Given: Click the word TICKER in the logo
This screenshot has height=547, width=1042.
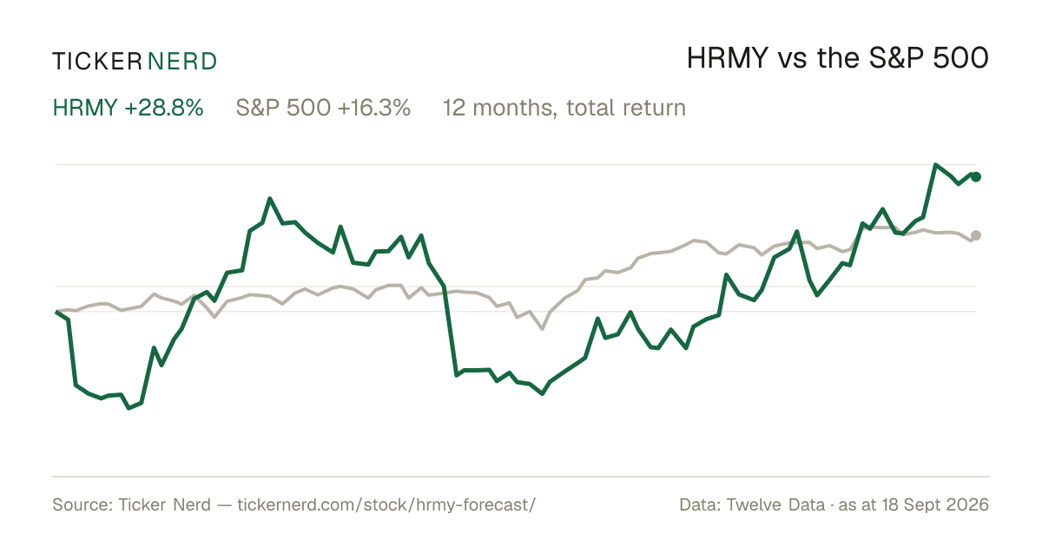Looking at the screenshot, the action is [97, 62].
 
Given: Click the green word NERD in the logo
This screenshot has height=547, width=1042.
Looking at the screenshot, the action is [182, 62].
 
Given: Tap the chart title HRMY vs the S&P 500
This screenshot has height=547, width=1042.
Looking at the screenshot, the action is [837, 58].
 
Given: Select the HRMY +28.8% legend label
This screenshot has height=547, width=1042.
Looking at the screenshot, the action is [128, 108].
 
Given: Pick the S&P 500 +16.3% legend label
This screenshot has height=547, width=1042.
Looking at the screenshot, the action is [323, 108].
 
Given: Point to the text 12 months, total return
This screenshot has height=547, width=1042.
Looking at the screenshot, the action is [564, 109].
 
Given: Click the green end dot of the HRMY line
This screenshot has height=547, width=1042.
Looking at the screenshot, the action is [976, 177].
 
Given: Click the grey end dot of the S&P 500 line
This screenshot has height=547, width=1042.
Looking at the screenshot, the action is [976, 235].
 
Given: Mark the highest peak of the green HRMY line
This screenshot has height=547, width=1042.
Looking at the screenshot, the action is [935, 165].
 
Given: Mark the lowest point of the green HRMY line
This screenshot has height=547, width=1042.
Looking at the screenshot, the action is [129, 408].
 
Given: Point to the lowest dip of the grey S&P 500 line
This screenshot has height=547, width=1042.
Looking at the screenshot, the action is [543, 329].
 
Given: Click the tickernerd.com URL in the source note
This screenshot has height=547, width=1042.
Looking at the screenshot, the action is [386, 504].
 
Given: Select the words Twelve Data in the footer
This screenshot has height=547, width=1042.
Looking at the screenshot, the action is [775, 504].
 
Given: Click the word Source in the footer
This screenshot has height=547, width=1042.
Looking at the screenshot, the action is [80, 504].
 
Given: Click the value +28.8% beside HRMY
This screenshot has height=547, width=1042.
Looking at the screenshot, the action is [164, 108].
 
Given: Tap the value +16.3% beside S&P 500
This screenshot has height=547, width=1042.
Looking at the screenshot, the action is [374, 108].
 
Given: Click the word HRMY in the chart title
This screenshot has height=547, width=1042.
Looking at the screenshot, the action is [728, 58].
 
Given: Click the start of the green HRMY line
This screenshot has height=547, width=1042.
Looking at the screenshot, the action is [56, 312].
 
